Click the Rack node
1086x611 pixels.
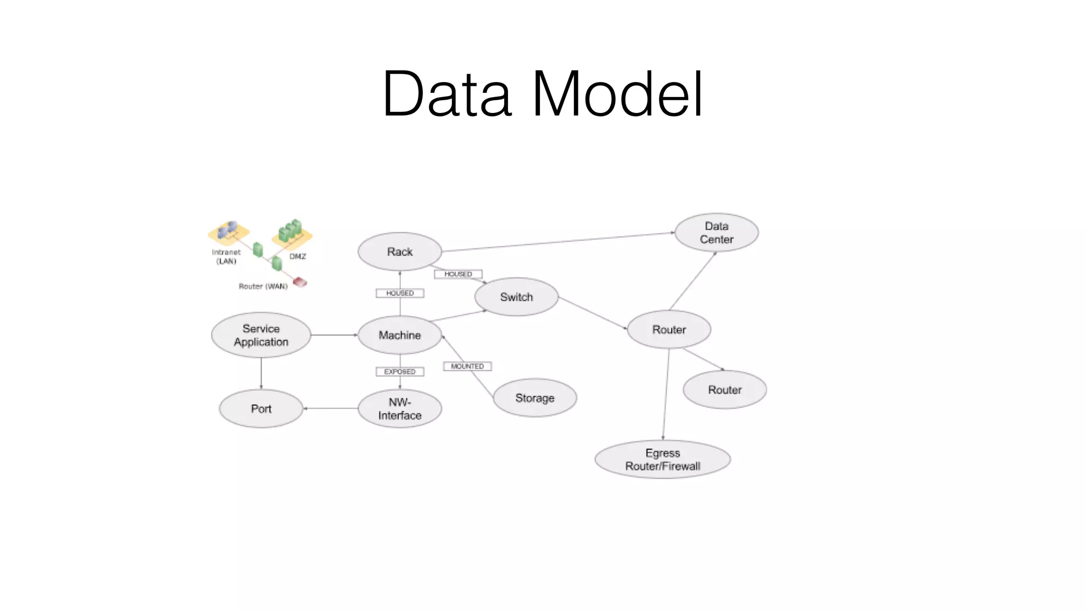coord(399,251)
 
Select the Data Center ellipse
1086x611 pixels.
coord(716,233)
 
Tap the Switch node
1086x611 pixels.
coord(516,297)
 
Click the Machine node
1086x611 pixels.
coord(399,335)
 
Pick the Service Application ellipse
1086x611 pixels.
coord(261,335)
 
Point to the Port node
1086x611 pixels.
coord(261,409)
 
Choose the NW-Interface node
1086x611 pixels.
coord(399,409)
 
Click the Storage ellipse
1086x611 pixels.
coord(535,398)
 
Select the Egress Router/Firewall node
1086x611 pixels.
coord(662,460)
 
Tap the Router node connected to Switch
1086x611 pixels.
coord(669,329)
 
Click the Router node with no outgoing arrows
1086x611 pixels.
coord(724,390)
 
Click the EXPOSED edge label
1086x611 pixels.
coord(400,372)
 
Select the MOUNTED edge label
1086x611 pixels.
coord(467,366)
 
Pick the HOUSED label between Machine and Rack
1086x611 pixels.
coord(400,293)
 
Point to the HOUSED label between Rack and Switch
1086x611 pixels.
coord(458,274)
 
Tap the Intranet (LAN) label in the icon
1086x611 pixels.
coord(226,257)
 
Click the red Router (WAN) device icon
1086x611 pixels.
coord(300,282)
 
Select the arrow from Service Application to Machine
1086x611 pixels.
coord(334,335)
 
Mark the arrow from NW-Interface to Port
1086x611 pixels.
coord(330,408)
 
